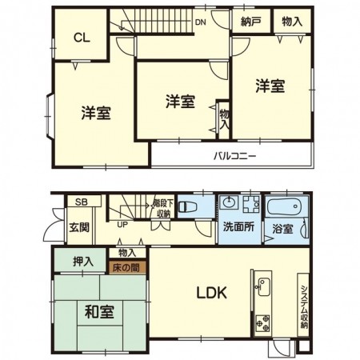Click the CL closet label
click(x=82, y=37)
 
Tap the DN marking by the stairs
click(x=202, y=22)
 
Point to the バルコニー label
click(x=234, y=156)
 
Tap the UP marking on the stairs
click(x=122, y=224)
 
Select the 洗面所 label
click(x=238, y=226)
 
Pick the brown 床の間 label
click(x=129, y=268)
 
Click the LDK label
click(x=213, y=293)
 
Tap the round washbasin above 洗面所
click(x=230, y=202)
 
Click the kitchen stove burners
click(x=262, y=324)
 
